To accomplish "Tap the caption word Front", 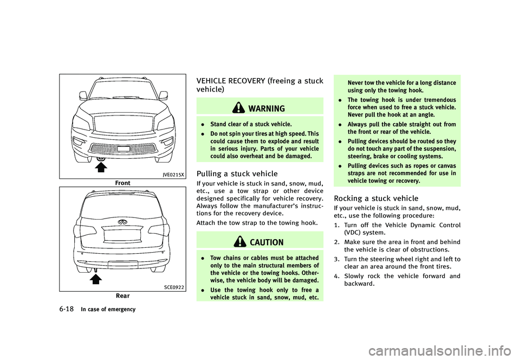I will coord(122,183).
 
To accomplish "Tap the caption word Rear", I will coord(122,297).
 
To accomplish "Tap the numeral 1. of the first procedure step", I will coord(337,225).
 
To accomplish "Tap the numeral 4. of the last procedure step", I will coord(337,275).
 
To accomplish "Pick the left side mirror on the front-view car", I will coord(83,95).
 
